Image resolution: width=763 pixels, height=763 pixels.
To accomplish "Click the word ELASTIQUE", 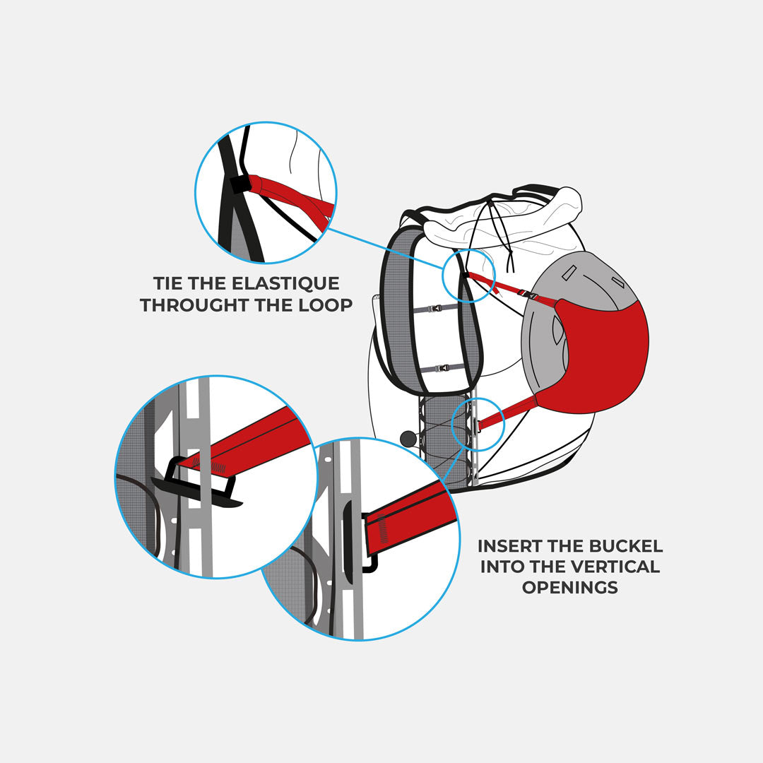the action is (285, 283).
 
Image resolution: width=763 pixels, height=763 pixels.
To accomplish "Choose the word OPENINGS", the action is (570, 587).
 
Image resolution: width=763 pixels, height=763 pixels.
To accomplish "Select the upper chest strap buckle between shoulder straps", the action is (434, 308).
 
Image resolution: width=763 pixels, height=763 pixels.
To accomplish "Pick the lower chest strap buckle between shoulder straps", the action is (442, 368).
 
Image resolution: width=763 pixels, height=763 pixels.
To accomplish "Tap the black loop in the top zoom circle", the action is (239, 184).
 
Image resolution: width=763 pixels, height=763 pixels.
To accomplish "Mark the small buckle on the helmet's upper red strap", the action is (526, 295).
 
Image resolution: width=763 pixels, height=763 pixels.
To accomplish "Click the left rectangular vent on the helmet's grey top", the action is (569, 273).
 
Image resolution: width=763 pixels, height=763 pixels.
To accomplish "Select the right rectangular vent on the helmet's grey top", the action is (617, 282).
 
